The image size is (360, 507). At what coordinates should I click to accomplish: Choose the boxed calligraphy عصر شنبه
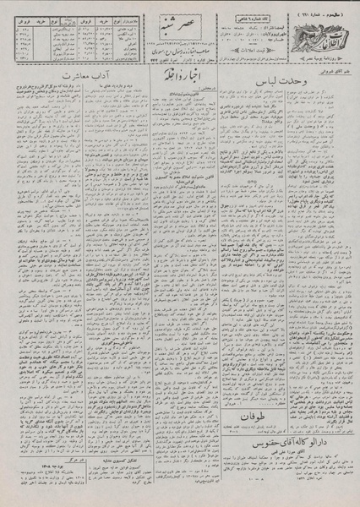tap(172, 21)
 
